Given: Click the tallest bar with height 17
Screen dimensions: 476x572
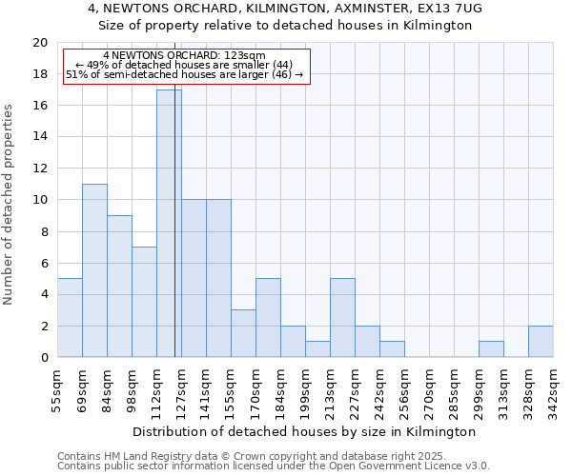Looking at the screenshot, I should coord(169,224).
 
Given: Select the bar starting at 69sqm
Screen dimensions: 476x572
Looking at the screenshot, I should coord(94,270).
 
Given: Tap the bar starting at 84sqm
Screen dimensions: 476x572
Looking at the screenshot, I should coord(119,287).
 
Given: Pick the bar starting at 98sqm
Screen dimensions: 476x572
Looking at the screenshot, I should coord(144,302).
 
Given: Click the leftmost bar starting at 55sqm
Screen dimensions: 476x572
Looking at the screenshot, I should coord(70,318).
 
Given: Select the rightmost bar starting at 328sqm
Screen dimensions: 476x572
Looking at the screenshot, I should coord(541,342).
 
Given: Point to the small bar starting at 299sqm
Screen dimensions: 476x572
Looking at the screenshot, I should coord(491,349).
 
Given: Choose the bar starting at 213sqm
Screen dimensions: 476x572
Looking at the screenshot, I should coord(342,318).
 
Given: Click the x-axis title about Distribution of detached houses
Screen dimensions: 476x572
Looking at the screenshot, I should coord(304,431).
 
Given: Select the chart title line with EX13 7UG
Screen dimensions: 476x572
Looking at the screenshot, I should coord(285,8).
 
